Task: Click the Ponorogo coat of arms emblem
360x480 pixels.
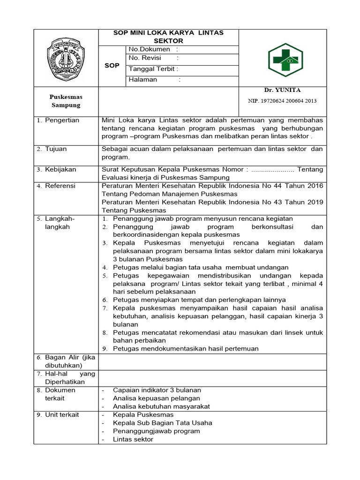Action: tap(66, 59)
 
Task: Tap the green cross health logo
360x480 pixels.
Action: tap(285, 60)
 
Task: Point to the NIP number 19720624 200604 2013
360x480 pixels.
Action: tap(282, 101)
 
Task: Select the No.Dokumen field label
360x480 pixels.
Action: tap(149, 50)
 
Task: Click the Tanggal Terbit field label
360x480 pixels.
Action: tap(153, 69)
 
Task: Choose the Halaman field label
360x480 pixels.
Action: tap(143, 80)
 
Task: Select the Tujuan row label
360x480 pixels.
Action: tap(56, 149)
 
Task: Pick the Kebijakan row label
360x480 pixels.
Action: tap(60, 169)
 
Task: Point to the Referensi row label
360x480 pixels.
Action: tap(60, 186)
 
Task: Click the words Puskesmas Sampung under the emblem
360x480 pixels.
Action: tap(66, 101)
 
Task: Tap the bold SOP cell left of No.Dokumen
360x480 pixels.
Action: tap(112, 66)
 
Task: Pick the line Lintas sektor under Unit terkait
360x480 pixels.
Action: tap(133, 439)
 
